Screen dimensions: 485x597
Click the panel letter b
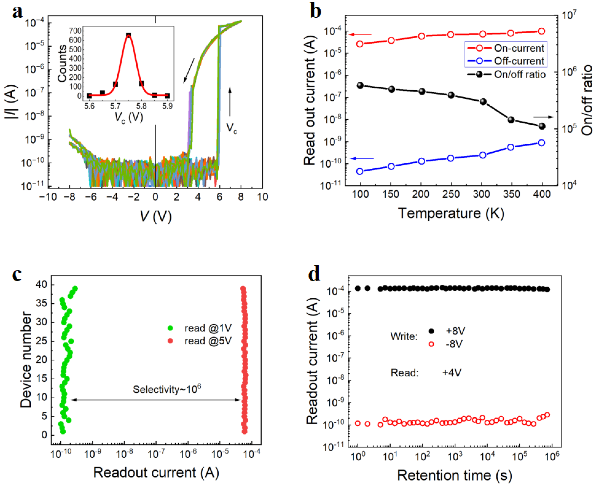pyautogui.click(x=315, y=12)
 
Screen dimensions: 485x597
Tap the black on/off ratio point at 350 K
pyautogui.click(x=511, y=120)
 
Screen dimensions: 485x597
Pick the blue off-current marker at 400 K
pyautogui.click(x=541, y=143)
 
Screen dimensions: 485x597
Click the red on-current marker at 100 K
pyautogui.click(x=360, y=44)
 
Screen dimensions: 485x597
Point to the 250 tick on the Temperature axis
pyautogui.click(x=451, y=194)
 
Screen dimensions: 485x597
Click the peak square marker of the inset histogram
pyautogui.click(x=128, y=35)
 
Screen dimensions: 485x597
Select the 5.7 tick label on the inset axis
pyautogui.click(x=115, y=106)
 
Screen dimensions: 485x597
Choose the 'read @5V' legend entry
pyautogui.click(x=208, y=341)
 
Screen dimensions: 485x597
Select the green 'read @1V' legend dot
pyautogui.click(x=170, y=328)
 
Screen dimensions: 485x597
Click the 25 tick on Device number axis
pyautogui.click(x=41, y=341)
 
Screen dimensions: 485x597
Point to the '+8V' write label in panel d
pyautogui.click(x=455, y=331)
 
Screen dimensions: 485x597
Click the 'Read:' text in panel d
pyautogui.click(x=404, y=373)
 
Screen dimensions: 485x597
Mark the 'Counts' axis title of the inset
pyautogui.click(x=62, y=64)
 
